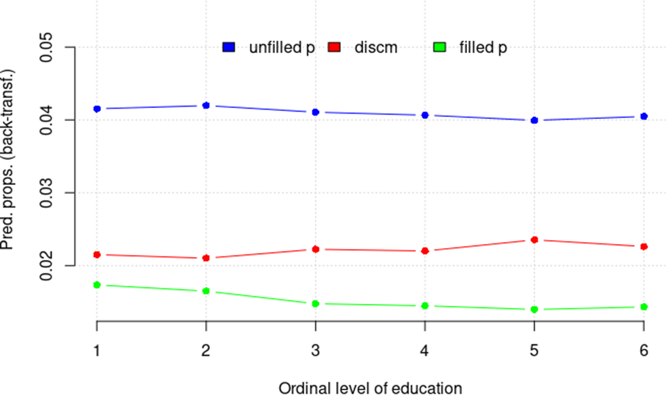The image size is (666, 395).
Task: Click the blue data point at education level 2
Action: pos(206,105)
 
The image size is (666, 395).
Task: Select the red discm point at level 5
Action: pos(534,240)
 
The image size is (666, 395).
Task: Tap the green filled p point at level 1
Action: pos(97,285)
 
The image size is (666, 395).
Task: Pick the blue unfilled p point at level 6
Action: pos(644,116)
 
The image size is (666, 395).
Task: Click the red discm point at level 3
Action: pos(315,250)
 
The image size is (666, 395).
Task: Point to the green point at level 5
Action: pos(534,309)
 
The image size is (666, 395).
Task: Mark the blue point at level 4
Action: pos(425,115)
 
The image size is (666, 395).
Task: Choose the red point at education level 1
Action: pos(97,254)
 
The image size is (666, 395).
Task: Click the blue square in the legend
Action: pos(229,48)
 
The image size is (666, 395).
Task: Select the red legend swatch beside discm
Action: pos(334,48)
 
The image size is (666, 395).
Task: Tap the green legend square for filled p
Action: pos(439,48)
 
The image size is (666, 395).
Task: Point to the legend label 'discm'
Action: pos(375,48)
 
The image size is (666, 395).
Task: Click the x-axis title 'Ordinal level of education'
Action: pos(370,388)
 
